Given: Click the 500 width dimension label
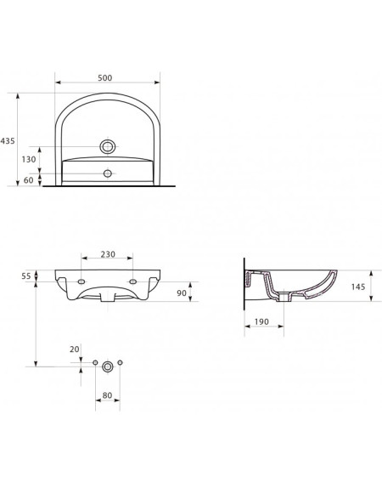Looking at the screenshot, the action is pyautogui.click(x=105, y=78).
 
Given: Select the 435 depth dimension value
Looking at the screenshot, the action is pyautogui.click(x=8, y=141).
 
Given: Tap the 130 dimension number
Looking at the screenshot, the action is pyautogui.click(x=29, y=160).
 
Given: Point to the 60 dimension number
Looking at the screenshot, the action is pyautogui.click(x=28, y=180).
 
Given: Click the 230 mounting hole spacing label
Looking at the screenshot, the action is pyautogui.click(x=108, y=254).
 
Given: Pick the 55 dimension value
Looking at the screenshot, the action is pyautogui.click(x=26, y=276).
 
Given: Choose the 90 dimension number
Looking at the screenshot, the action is pyautogui.click(x=182, y=293).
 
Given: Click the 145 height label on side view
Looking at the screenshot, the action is pyautogui.click(x=358, y=287).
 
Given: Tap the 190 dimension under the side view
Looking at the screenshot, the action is pyautogui.click(x=261, y=321).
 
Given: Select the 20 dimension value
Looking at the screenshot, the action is pyautogui.click(x=75, y=349).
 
